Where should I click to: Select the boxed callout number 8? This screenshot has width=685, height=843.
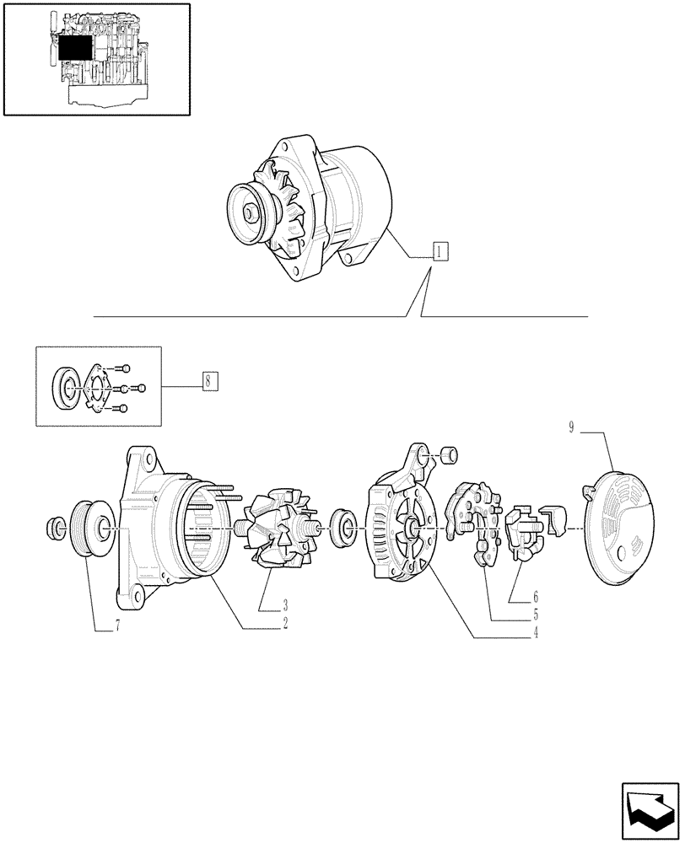pyautogui.click(x=210, y=380)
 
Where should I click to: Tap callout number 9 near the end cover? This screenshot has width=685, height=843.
pyautogui.click(x=571, y=428)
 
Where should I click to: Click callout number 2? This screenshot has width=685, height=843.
pyautogui.click(x=286, y=624)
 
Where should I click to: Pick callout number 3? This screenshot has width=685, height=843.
pyautogui.click(x=285, y=604)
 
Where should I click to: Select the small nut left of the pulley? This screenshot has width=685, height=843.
pyautogui.click(x=54, y=529)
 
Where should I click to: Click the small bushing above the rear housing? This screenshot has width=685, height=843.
pyautogui.click(x=449, y=456)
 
